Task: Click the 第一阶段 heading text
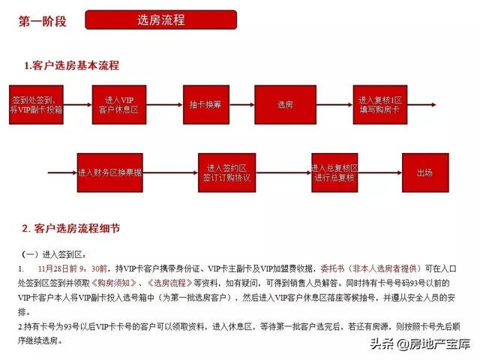click(43, 21)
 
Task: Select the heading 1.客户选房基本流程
click(71, 66)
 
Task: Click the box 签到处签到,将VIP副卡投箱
click(37, 104)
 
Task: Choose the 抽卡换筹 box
click(204, 104)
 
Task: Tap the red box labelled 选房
click(284, 104)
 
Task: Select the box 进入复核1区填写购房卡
click(381, 104)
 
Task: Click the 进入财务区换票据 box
click(109, 172)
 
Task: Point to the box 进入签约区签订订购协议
click(226, 172)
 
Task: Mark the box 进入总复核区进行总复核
click(334, 172)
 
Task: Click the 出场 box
click(424, 172)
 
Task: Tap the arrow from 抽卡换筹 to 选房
click(241, 104)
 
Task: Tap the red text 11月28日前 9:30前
click(75, 268)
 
